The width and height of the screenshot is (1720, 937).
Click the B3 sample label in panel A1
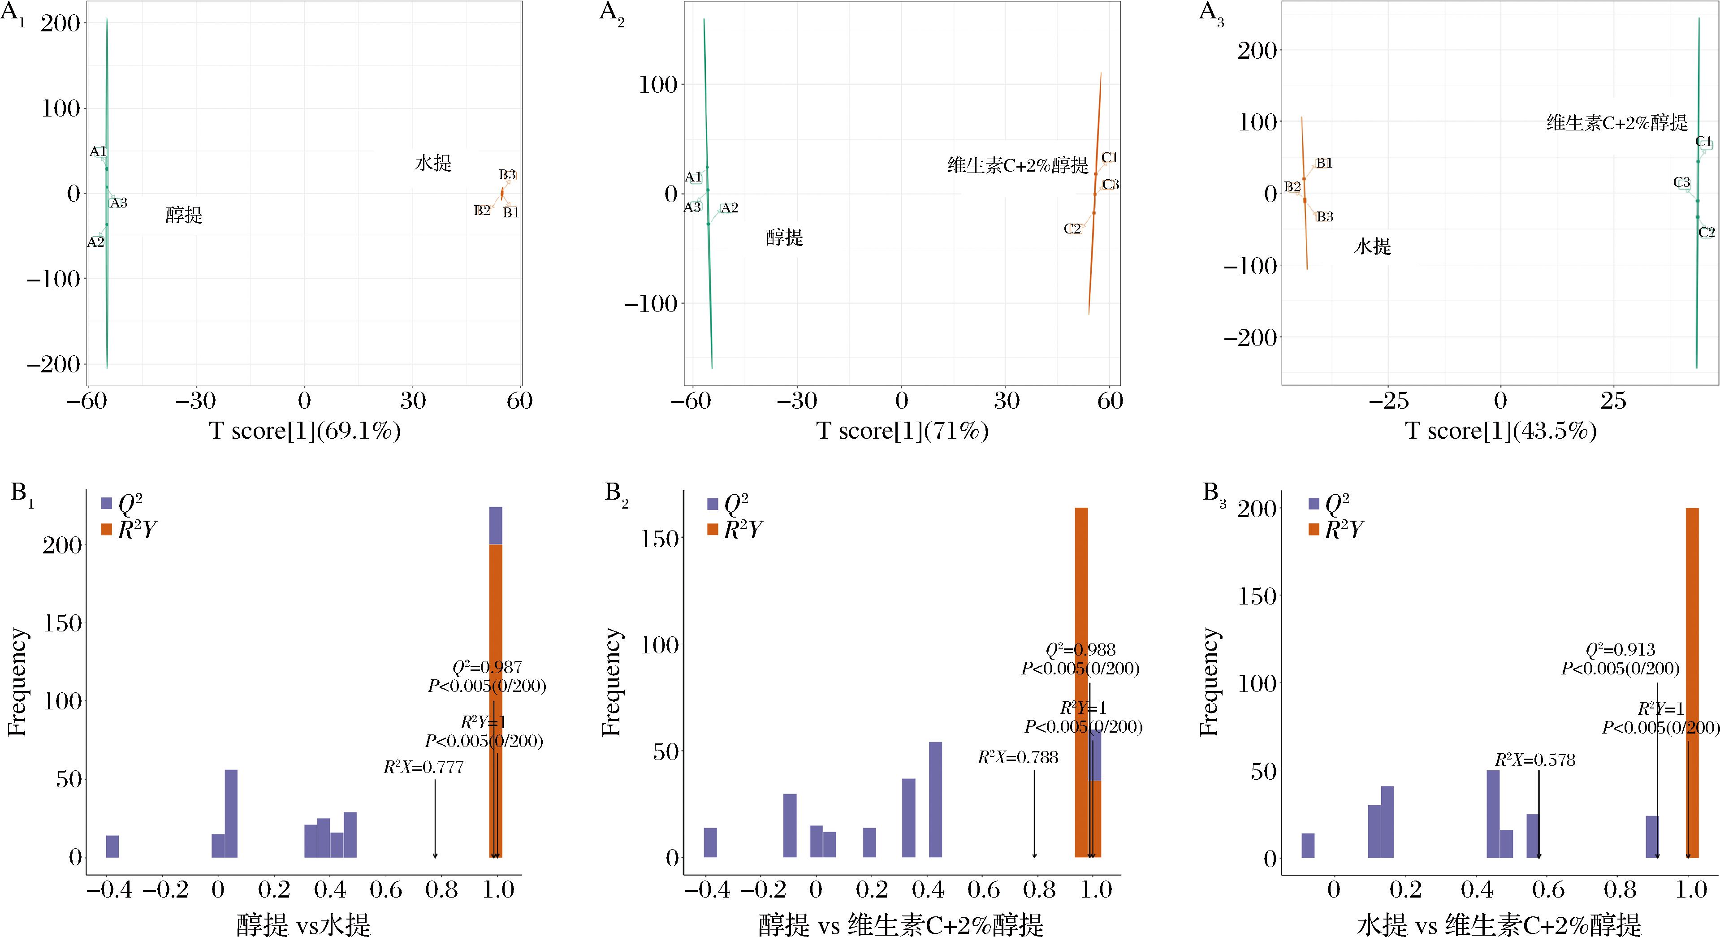507,175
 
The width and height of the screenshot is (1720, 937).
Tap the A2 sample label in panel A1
95,242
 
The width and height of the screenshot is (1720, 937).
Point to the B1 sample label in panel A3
1324,163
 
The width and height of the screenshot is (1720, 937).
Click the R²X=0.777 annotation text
424,767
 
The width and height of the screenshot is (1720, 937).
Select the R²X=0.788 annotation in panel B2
1018,757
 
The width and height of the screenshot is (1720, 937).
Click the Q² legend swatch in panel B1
107,503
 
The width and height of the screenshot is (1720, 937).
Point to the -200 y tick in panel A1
53,365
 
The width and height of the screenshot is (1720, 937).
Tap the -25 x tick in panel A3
1388,402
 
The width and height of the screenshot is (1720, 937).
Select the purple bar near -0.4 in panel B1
112,846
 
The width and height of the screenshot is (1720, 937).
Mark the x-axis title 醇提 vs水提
303,925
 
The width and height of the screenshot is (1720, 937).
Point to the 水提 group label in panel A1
433,163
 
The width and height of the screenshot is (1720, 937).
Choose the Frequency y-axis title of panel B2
611,681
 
